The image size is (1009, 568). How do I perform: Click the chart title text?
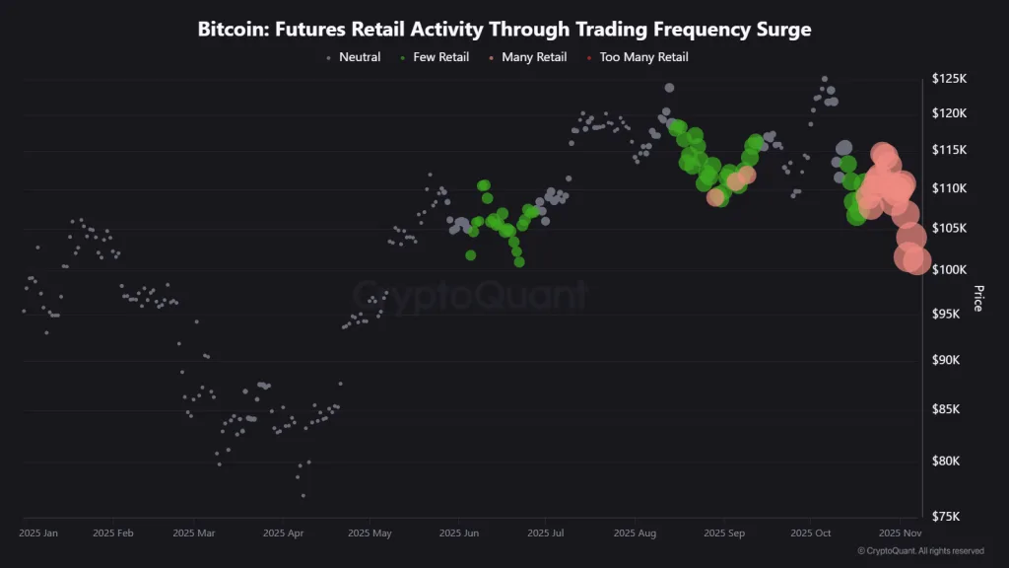point(504,30)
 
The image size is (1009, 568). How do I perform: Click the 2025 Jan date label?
point(38,533)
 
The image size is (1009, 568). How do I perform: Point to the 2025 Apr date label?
point(282,533)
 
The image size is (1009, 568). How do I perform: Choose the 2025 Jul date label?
point(546,533)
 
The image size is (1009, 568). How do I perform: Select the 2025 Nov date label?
point(900,533)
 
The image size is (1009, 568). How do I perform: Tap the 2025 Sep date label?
point(724,533)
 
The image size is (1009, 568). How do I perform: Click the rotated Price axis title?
point(977,298)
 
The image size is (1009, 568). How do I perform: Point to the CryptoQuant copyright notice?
point(920,551)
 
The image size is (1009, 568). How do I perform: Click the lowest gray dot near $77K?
point(303,495)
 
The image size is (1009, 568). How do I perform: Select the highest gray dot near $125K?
point(825,79)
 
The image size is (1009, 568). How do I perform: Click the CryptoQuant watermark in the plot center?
point(471,295)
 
